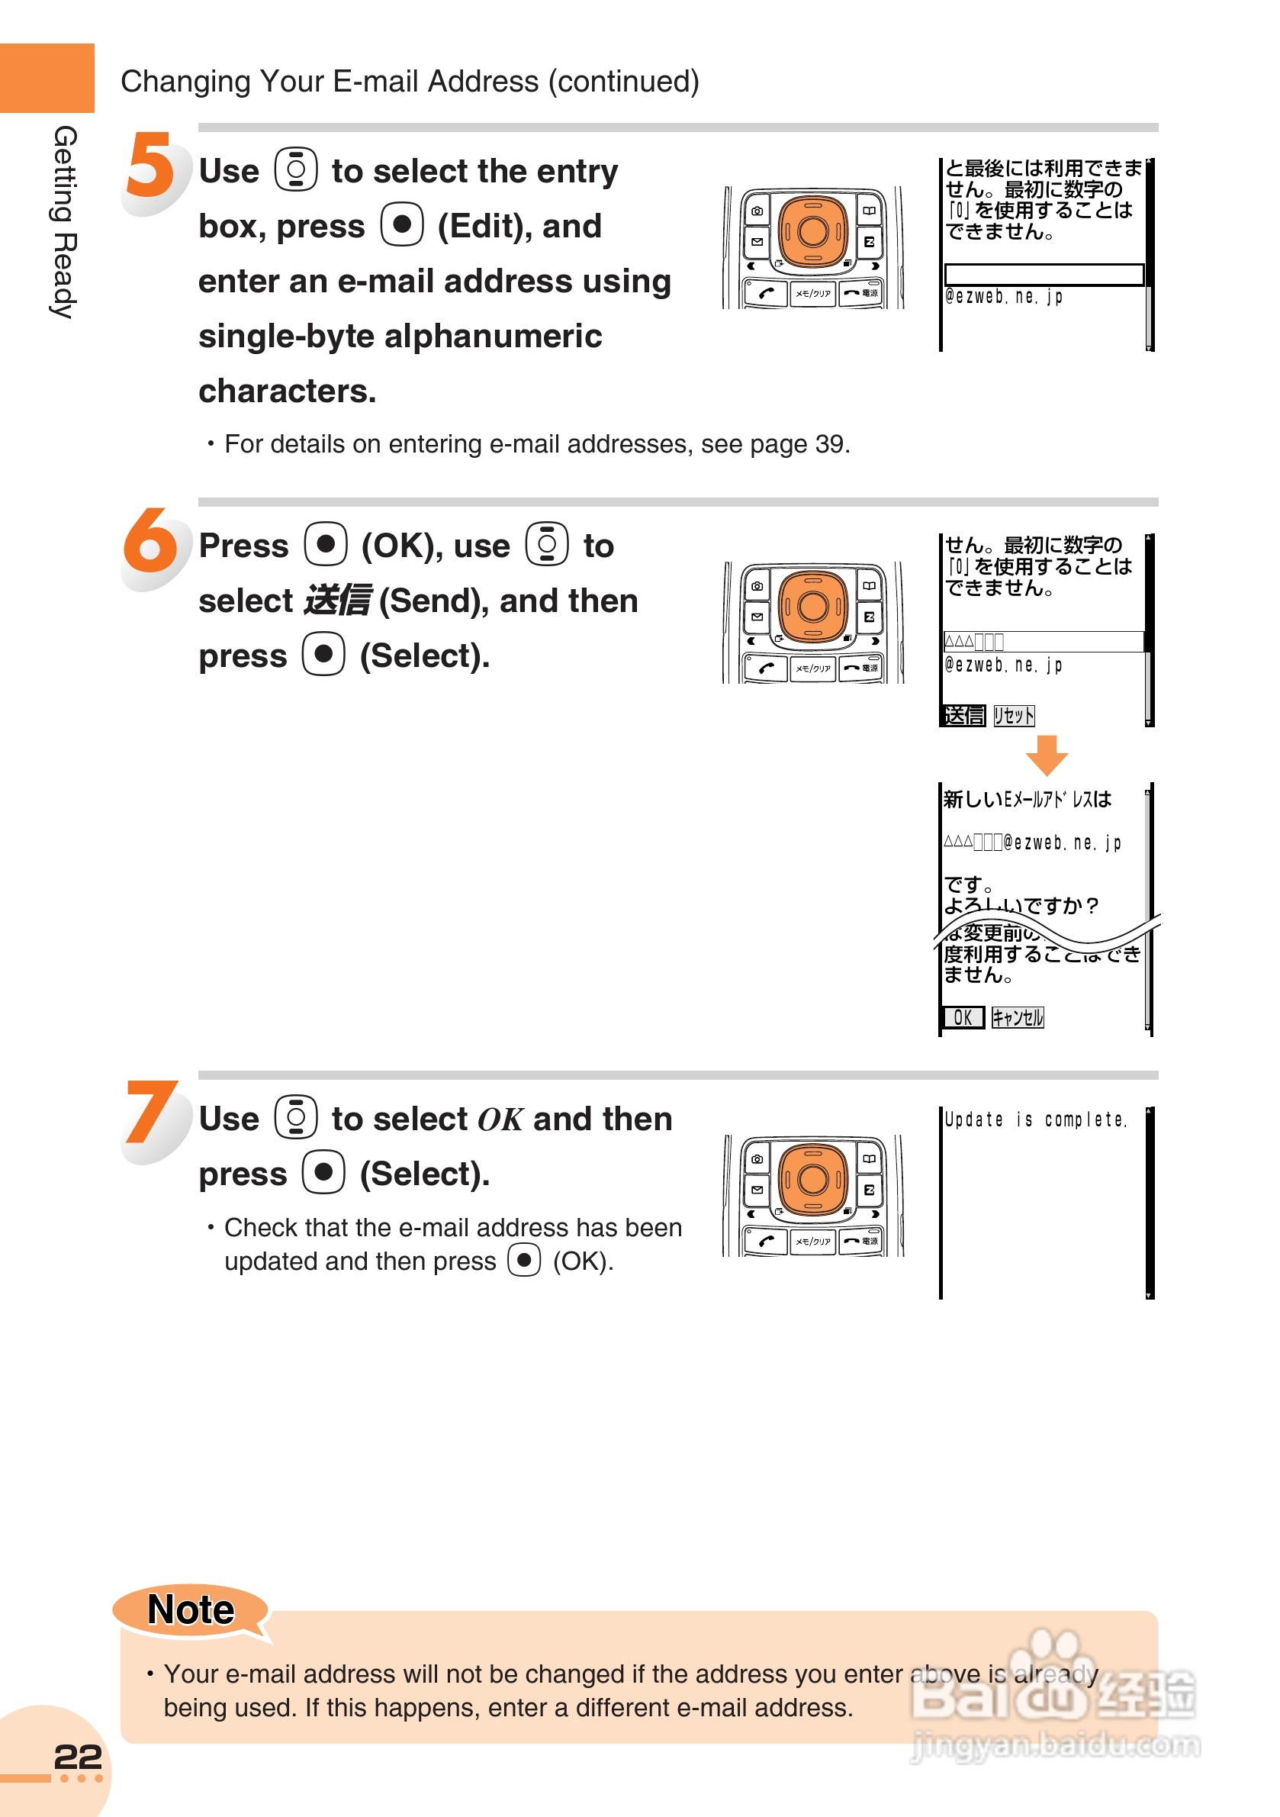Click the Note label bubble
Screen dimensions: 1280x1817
tap(191, 1609)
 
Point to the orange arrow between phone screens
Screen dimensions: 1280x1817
tap(1046, 754)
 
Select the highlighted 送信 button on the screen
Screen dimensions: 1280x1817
tap(963, 715)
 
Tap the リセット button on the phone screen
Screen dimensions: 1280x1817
tap(1014, 715)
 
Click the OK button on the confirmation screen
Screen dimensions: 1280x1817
tap(963, 1017)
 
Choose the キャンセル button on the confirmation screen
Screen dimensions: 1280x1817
tap(1018, 1017)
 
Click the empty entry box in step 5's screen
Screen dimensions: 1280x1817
tap(1044, 274)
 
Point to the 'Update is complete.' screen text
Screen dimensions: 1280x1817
tap(1035, 1119)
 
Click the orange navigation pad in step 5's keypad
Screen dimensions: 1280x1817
tap(812, 231)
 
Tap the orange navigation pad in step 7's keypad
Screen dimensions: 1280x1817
tap(812, 1179)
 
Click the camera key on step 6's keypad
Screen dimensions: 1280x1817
tap(757, 586)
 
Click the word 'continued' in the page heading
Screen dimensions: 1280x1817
tap(623, 82)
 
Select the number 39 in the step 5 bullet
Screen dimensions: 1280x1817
tap(830, 444)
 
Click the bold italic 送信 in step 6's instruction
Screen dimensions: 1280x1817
tap(337, 601)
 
